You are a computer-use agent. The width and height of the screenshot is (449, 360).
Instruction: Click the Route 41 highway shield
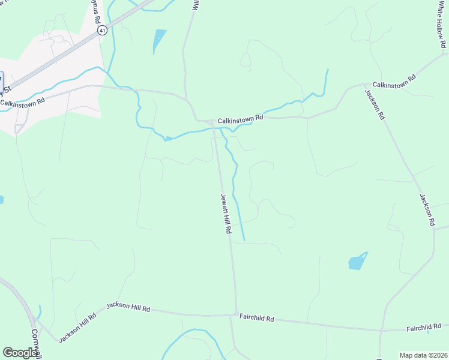[102, 30]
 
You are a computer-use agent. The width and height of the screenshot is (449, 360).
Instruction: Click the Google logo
[20, 353]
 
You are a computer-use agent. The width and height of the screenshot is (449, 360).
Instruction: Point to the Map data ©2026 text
[423, 355]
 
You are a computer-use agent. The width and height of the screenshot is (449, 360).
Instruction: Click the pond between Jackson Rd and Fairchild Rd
[357, 262]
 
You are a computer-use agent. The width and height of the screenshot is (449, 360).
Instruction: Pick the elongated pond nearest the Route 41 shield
[159, 40]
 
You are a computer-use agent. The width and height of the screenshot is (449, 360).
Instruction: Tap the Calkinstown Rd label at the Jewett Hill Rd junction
[240, 120]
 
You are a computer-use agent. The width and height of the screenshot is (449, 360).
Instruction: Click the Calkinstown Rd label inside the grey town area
[23, 102]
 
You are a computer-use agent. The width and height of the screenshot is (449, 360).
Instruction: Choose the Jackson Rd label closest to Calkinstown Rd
[373, 104]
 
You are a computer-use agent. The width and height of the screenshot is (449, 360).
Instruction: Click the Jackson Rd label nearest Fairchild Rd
[427, 209]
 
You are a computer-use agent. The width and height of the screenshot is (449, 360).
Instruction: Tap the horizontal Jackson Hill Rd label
[128, 307]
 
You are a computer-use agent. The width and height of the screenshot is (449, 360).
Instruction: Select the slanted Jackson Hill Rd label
[77, 328]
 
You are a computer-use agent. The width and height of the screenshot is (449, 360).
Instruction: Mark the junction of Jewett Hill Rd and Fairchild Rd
[232, 314]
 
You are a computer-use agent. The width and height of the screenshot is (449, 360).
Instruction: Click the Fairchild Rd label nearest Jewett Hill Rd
[256, 318]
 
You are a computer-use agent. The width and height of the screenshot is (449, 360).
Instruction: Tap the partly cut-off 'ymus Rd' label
[97, 13]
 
